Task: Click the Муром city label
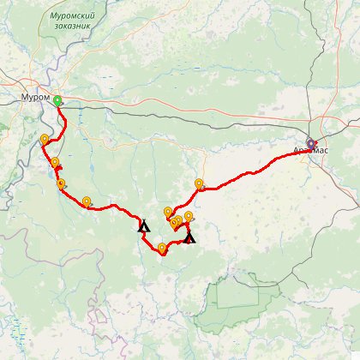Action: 35,99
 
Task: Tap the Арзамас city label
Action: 309,150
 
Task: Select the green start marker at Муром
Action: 57,100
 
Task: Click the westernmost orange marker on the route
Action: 44,139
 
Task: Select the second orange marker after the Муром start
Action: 54,162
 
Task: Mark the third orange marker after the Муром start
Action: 61,183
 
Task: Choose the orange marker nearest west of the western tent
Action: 87,201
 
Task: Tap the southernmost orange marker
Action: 162,249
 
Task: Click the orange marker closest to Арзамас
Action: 199,183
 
